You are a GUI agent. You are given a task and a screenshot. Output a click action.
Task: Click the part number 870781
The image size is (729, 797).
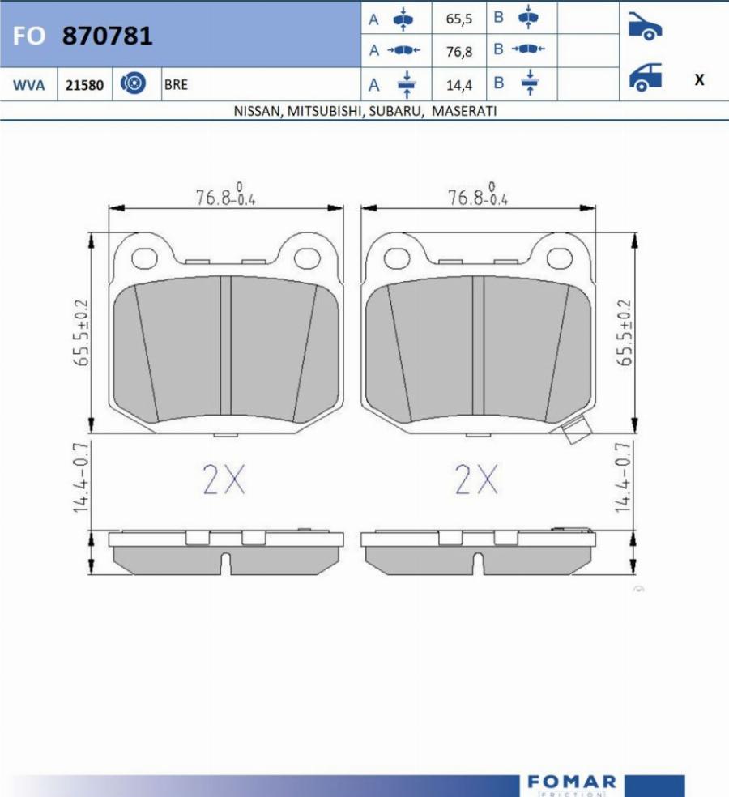pyautogui.click(x=107, y=36)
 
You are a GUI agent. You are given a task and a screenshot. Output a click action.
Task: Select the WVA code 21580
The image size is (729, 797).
pyautogui.click(x=84, y=85)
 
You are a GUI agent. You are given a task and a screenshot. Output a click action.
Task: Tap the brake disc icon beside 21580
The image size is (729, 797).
pyautogui.click(x=133, y=83)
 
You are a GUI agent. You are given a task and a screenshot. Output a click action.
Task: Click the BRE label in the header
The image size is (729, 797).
pyautogui.click(x=176, y=84)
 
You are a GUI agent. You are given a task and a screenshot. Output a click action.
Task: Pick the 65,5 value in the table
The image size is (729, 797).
pyautogui.click(x=459, y=19)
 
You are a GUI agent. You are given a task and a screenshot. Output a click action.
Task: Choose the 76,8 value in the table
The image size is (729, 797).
pyautogui.click(x=459, y=52)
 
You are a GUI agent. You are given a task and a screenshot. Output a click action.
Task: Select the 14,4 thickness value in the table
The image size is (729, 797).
pyautogui.click(x=459, y=85)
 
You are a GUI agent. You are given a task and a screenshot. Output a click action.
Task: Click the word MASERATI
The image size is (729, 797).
pyautogui.click(x=464, y=111)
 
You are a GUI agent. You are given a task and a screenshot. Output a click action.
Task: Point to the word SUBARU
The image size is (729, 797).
pyautogui.click(x=395, y=111)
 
